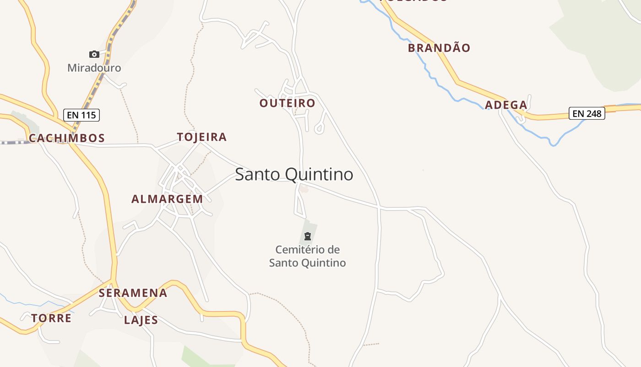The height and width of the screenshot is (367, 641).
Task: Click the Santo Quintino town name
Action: coord(294,174)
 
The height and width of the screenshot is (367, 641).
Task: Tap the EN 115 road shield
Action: coord(82,115)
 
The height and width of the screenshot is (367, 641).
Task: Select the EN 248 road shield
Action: coord(587,113)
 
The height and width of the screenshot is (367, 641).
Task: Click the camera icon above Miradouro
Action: coord(94,54)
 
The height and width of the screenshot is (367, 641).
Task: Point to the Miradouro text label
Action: coord(94,68)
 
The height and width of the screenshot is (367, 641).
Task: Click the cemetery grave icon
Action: coord(308,237)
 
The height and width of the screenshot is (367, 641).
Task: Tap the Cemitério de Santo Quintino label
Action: coord(307,256)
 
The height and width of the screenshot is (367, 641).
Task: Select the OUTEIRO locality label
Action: coord(288,103)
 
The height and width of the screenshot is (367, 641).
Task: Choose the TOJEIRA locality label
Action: coord(202,137)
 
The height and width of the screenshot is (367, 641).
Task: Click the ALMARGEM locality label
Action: coord(167,199)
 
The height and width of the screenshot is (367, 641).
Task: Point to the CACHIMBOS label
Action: coord(67,138)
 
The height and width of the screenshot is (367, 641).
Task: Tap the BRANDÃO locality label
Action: coord(439,48)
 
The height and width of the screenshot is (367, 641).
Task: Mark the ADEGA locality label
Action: coord(506,105)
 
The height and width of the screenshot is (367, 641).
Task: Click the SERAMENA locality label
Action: coord(133,293)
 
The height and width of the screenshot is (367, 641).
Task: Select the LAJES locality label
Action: coord(141,320)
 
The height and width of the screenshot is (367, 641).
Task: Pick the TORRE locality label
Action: coord(51,318)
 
